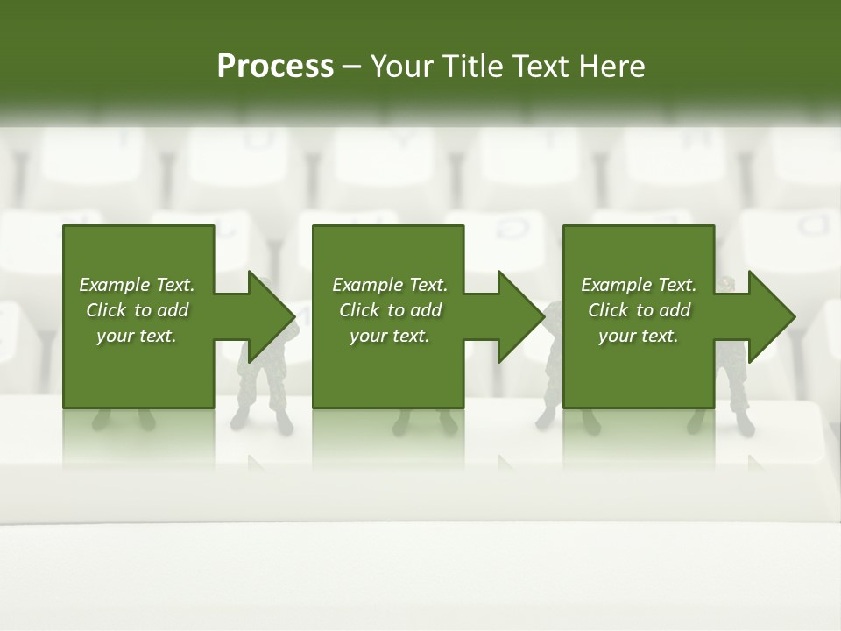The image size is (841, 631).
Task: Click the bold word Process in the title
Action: click(x=275, y=67)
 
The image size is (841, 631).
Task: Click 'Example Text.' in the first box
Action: click(x=137, y=285)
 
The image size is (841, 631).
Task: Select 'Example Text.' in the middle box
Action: click(x=390, y=285)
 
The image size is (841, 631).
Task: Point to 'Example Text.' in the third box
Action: click(x=639, y=285)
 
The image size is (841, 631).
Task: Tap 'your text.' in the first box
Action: click(x=137, y=336)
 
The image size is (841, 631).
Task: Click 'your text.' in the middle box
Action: click(x=390, y=336)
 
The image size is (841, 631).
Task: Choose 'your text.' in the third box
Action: click(x=639, y=336)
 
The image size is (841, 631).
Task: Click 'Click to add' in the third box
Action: click(x=639, y=310)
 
